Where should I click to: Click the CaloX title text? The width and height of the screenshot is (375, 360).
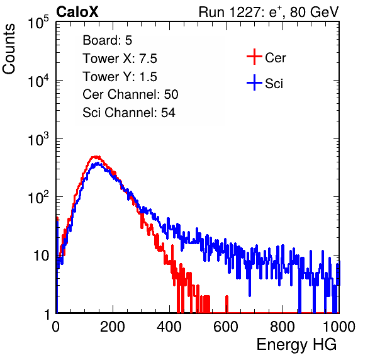pos(77,12)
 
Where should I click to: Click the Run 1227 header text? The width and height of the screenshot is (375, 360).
pos(269,12)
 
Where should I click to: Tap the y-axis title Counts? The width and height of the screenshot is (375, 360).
pos(9,49)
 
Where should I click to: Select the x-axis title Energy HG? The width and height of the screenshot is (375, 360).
pos(296,345)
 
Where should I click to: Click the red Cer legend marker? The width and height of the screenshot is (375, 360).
pos(254,57)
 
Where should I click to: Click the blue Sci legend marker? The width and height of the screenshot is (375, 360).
pos(254,82)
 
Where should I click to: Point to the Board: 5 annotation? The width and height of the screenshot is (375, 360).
pos(108,40)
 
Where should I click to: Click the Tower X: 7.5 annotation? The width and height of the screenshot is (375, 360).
pos(120,59)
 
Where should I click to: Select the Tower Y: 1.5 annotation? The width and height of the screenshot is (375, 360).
pos(120,77)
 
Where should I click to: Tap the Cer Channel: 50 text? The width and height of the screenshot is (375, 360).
pos(130,94)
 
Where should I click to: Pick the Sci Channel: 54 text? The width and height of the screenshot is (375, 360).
pos(129,113)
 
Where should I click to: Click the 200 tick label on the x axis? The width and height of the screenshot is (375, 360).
pos(113,327)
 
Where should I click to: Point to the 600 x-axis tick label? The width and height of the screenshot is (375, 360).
pos(226,327)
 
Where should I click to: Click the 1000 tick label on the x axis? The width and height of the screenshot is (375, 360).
pos(339,327)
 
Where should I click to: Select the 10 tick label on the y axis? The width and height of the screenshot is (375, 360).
pos(41,256)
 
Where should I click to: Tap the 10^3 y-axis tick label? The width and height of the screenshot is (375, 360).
pos(38,138)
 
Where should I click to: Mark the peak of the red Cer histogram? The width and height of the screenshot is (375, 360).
pos(96,157)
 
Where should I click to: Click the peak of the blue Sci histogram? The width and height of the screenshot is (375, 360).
pos(98,164)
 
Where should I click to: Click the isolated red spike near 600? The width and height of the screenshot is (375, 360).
pos(227,304)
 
